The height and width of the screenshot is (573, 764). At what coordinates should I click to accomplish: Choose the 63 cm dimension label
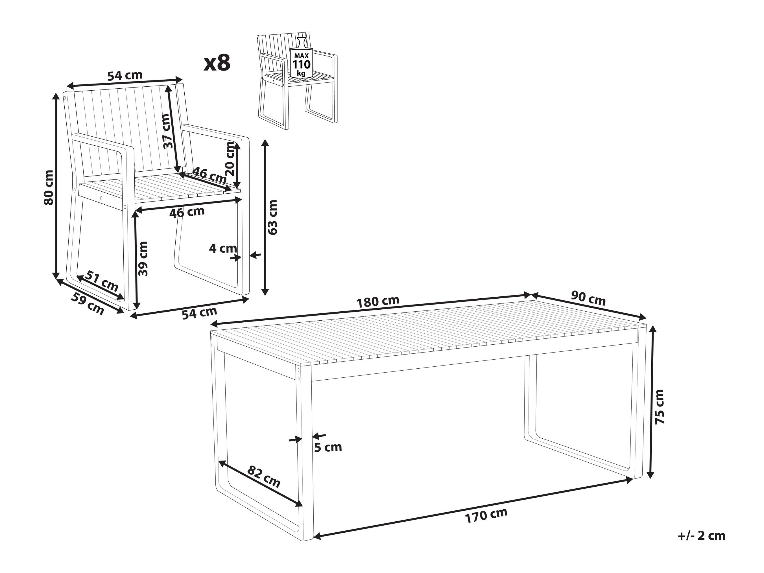point(272,217)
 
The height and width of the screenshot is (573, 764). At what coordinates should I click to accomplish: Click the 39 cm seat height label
point(142,258)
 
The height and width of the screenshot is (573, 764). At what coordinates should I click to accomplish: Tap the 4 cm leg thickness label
point(223,248)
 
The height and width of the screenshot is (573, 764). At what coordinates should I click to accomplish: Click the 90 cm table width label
point(588,298)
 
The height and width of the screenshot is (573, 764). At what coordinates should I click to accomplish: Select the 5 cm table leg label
point(328,447)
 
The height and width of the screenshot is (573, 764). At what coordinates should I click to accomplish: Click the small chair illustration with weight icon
point(297,82)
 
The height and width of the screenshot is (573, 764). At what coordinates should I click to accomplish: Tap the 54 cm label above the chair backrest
point(125,76)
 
